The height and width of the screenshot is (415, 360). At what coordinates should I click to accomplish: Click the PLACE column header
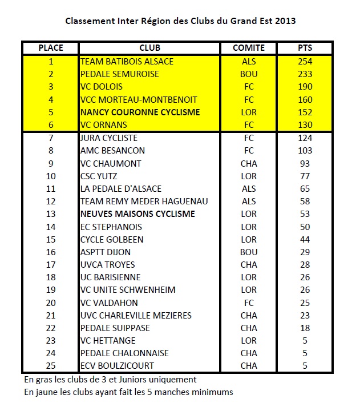point(51,48)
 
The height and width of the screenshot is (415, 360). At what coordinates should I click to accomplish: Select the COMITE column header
point(249,48)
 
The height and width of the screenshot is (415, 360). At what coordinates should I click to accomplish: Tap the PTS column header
point(305,48)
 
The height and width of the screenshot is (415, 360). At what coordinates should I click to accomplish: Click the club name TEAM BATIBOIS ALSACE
point(127,61)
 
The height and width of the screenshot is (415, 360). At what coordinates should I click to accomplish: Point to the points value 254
point(305,61)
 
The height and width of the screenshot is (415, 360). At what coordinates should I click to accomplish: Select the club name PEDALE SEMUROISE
point(120,74)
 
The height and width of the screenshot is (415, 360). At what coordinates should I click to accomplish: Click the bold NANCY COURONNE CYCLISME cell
point(140,112)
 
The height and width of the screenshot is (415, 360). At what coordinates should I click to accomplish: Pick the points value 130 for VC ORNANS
point(305,125)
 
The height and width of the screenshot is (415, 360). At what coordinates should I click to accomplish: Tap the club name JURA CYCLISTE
point(109,138)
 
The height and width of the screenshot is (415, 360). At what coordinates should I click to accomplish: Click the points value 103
point(305,151)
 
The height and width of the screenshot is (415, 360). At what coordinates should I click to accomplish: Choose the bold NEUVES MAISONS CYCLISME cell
point(137,214)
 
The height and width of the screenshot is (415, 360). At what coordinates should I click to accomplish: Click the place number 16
point(51,252)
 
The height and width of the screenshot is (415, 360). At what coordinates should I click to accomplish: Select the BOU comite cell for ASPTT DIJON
point(249,252)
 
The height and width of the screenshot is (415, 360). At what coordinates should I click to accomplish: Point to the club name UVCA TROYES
point(108,265)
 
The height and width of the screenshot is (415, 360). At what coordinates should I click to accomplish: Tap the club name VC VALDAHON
point(110,303)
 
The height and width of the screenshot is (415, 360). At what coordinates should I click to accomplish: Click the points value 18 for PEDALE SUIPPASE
point(305,328)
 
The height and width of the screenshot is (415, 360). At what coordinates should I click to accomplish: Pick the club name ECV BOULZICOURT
point(117,366)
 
